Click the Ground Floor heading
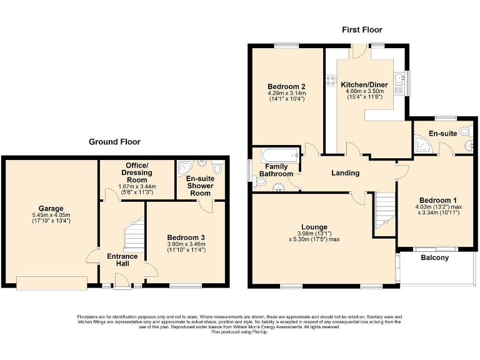[x=114, y=142]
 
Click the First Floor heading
[x=362, y=29]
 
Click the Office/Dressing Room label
[x=136, y=169]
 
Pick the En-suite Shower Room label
[x=201, y=186]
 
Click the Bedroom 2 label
[x=286, y=86]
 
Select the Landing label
[x=345, y=173]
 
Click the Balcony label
[x=434, y=257]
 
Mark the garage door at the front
[x=52, y=283]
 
